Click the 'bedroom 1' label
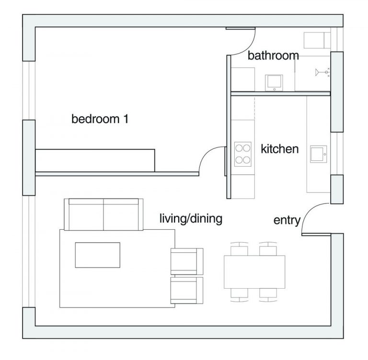point(100,119)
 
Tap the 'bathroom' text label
point(273,56)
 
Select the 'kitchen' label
point(279,149)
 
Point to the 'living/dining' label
point(191,219)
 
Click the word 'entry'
point(287,220)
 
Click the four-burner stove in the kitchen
point(242,154)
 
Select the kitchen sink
point(319,154)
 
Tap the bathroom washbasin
point(274,83)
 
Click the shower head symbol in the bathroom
point(322,72)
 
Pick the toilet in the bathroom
point(317,40)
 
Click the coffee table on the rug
point(98,255)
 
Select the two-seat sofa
point(103,214)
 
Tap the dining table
point(254,272)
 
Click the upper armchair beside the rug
point(187,261)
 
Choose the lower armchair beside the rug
point(187,290)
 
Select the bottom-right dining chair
point(268,295)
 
